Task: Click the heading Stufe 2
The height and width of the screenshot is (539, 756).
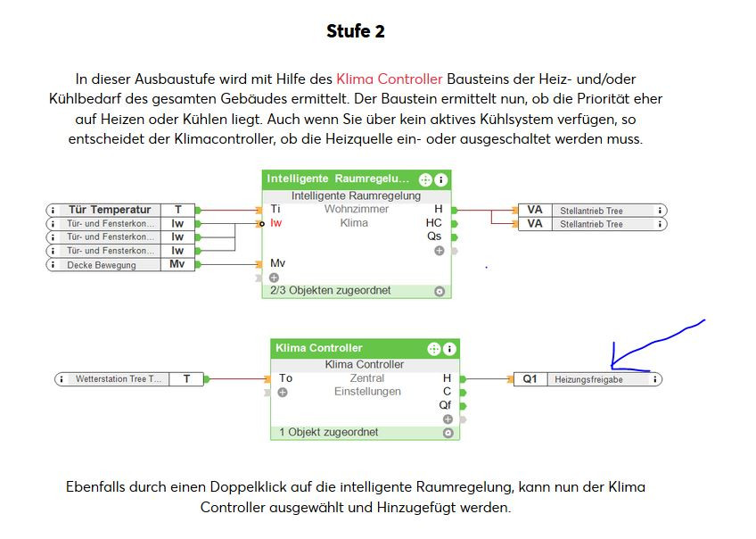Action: tap(355, 32)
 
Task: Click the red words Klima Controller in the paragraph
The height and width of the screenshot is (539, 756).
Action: tap(389, 79)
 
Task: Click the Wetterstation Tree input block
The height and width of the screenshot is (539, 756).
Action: tap(129, 379)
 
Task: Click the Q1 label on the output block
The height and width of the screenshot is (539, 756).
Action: tap(530, 379)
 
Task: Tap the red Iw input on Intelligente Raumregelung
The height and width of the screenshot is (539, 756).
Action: tap(276, 223)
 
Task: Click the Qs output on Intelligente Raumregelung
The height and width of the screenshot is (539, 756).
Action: tap(435, 236)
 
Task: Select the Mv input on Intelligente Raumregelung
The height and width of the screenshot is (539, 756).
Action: tap(277, 264)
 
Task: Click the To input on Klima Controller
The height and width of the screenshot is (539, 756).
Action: tap(285, 378)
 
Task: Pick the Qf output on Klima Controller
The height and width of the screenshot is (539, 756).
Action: tap(445, 405)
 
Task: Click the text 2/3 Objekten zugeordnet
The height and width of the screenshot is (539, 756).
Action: tap(316, 291)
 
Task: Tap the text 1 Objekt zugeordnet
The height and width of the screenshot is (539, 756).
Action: tap(328, 433)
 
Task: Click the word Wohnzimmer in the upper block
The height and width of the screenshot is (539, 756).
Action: tap(356, 210)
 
